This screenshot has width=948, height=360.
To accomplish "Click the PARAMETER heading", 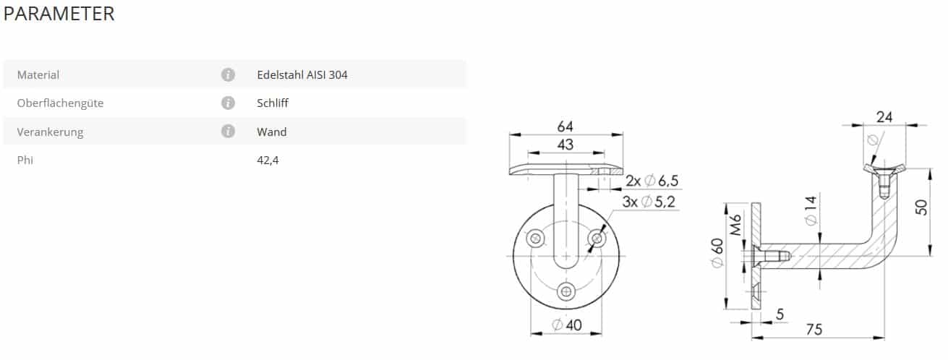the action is pos(59,14).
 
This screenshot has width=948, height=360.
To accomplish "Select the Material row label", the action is pos(38,75).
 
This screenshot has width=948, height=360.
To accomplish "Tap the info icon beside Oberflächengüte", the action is pos(228,103).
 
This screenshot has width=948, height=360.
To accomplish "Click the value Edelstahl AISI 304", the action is pos(302,75).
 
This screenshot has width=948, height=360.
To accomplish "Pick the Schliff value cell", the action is pos(273,103).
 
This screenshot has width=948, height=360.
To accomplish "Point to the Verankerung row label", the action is pos(50,132).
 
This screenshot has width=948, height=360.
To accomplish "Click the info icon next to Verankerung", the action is pos(228,131).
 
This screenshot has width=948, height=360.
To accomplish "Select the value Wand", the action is pos(272,132).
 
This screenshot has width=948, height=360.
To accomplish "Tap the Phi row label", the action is pos(25,160).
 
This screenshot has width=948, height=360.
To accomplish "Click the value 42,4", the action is pos(268,160).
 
